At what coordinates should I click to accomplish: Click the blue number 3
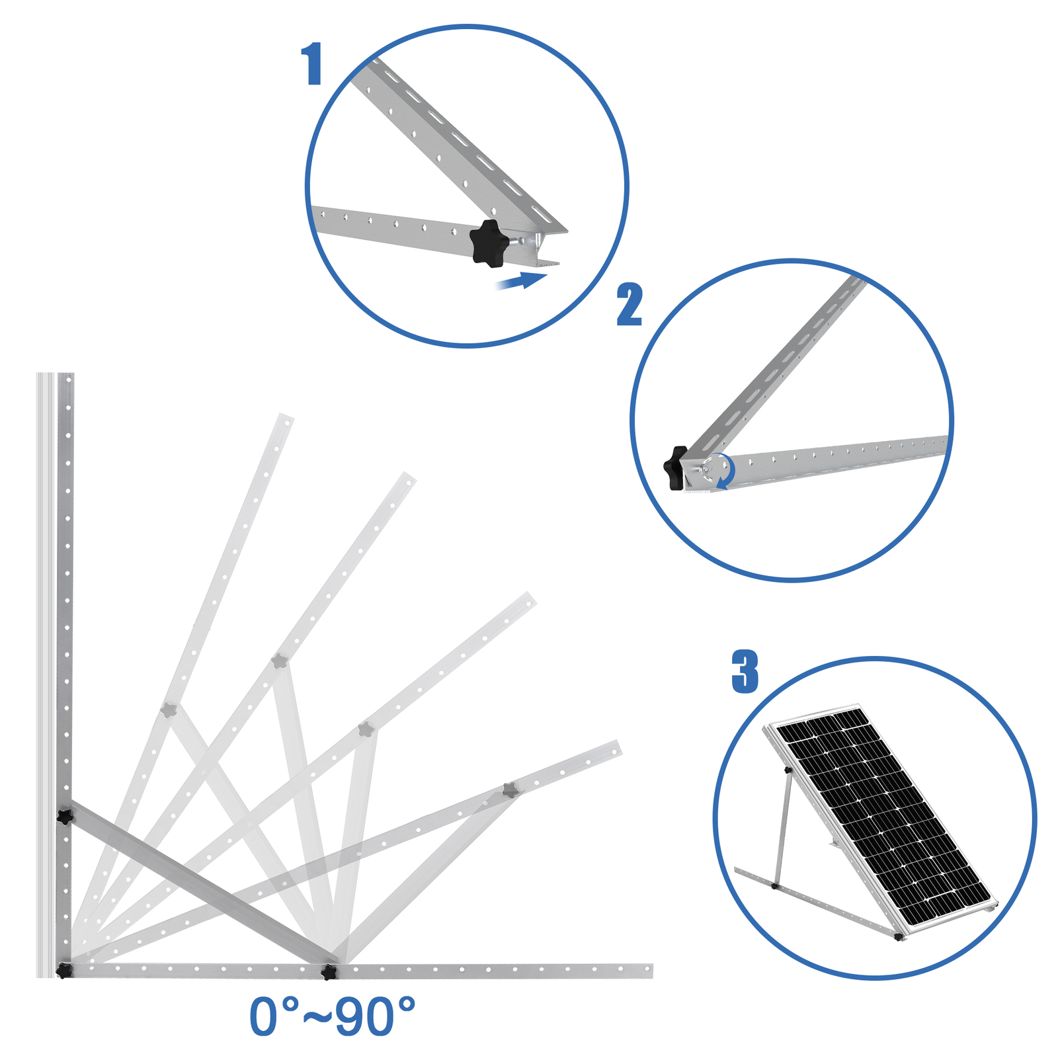(x=745, y=671)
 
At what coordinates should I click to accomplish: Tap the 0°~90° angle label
(x=333, y=1016)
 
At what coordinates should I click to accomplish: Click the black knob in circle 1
(x=489, y=244)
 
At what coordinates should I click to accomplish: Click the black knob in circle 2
(x=676, y=468)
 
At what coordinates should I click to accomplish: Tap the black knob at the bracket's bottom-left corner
(x=63, y=971)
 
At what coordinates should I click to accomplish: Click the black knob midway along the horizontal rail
(x=329, y=971)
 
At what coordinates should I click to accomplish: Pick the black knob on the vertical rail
(x=64, y=817)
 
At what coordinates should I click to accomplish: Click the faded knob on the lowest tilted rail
(x=509, y=790)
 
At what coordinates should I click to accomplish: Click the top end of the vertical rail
(x=65, y=374)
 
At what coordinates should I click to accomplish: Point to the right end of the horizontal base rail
(x=651, y=971)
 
